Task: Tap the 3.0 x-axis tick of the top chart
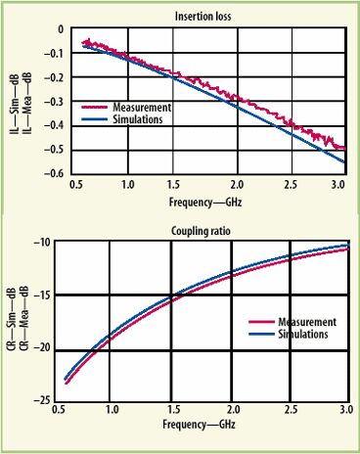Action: pyautogui.click(x=338, y=184)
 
